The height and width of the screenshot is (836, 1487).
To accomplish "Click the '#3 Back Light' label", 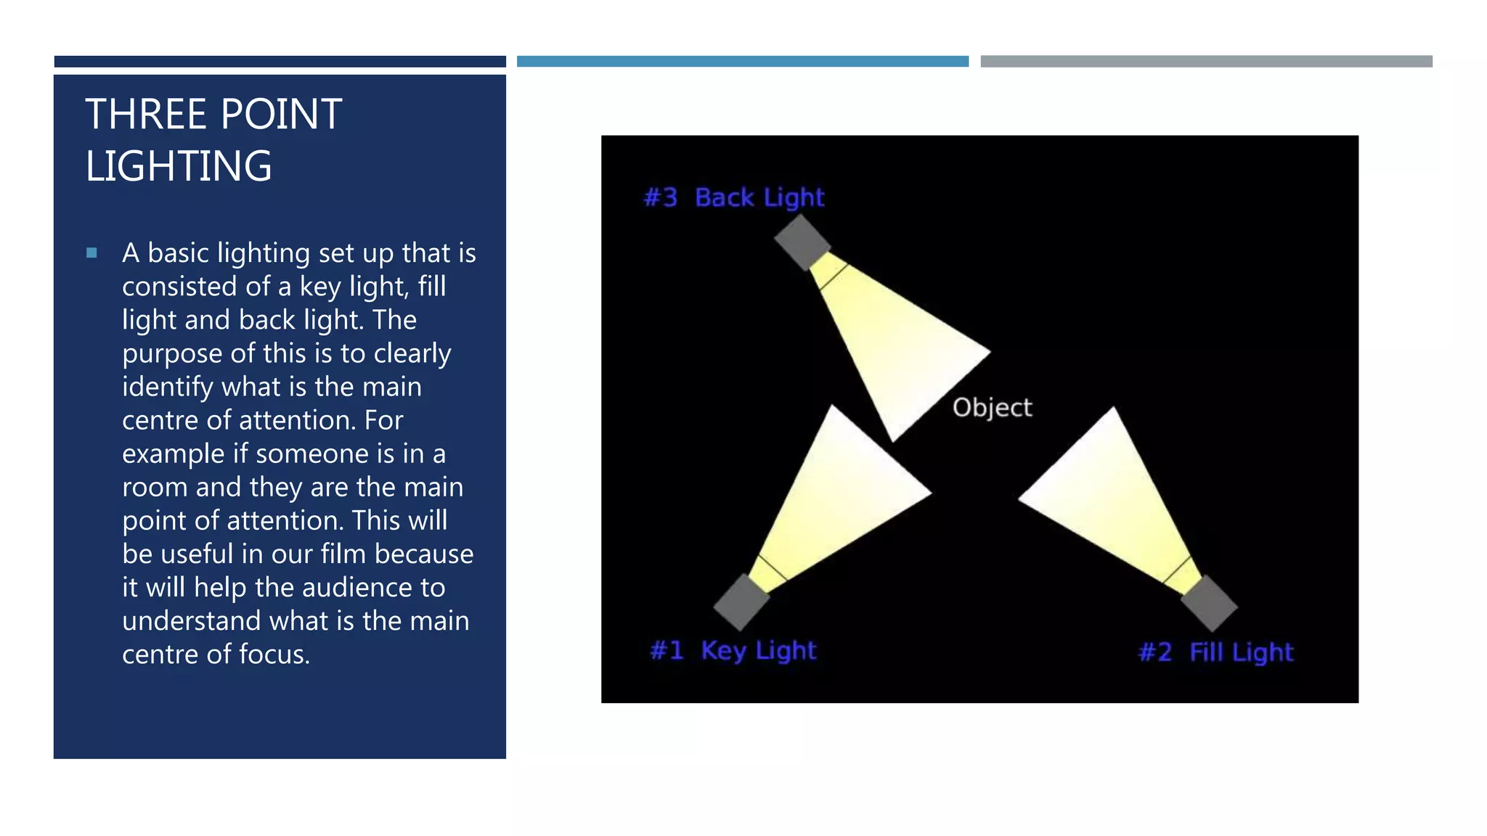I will coord(734,197).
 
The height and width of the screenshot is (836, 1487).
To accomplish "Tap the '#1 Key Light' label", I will coord(733,650).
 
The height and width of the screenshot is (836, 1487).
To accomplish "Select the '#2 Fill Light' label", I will coord(1216,652).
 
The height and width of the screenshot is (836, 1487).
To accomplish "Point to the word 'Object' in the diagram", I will coord(992,408).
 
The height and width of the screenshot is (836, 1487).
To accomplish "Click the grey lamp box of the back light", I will coord(802,242).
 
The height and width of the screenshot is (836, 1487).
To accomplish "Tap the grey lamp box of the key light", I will coord(741,602).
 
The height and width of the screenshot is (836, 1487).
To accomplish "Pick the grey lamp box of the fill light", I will coord(1209,603).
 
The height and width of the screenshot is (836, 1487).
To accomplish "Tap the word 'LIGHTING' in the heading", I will coord(179,166).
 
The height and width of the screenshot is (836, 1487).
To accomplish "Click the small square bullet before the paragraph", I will coord(91,253).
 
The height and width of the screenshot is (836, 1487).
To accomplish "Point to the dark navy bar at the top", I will coord(280,62).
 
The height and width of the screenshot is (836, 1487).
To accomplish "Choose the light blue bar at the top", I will coord(742,62).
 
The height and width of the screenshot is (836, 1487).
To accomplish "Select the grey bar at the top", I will coord(1206,62).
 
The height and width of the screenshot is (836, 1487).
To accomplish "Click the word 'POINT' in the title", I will coord(281,115).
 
